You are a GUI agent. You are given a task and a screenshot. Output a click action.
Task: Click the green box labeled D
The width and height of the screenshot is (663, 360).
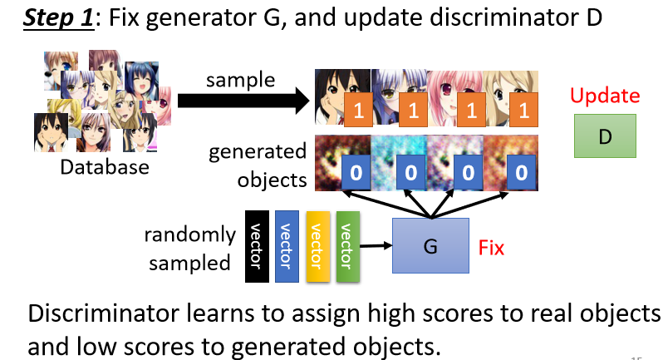coord(604,136)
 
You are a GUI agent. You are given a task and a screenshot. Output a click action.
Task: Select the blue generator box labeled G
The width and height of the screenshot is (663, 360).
coord(430,246)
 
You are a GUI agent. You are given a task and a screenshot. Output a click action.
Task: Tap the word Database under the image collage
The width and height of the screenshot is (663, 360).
coord(105,167)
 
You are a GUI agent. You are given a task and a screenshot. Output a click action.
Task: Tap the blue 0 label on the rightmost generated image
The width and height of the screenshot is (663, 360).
coord(520,174)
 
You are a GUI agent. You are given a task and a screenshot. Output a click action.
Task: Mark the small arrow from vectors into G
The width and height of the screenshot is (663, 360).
coord(376,245)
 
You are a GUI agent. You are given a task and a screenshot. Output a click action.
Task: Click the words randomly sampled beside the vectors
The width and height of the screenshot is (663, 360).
coord(190,249)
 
